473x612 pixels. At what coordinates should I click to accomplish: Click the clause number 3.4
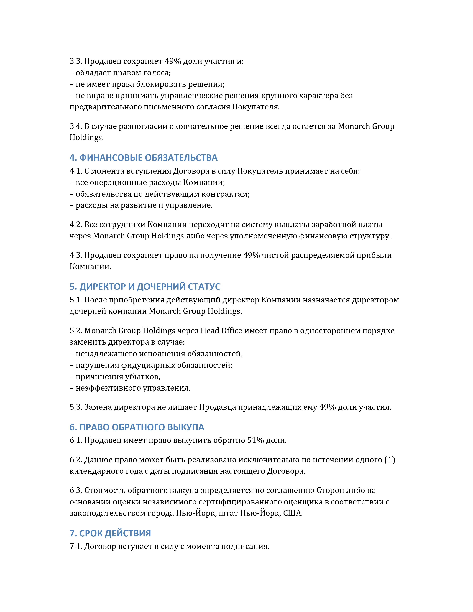(76, 126)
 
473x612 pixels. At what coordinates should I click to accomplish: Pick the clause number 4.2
(76, 225)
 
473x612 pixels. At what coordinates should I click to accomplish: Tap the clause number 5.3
(76, 407)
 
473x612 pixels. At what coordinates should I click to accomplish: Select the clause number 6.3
(76, 490)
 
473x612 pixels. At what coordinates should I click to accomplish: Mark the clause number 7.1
(76, 546)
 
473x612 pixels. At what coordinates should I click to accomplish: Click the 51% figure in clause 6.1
(255, 440)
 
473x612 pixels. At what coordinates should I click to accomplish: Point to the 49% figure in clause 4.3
(251, 255)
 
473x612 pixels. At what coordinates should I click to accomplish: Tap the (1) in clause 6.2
(390, 460)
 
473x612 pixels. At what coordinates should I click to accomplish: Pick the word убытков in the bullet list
(142, 377)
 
